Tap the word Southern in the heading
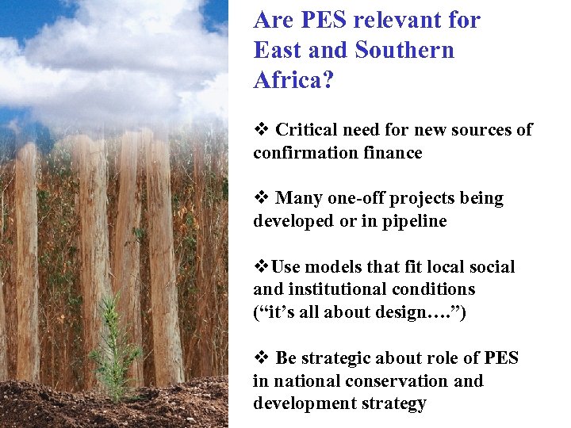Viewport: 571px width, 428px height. [405, 50]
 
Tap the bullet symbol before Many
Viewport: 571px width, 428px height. [260, 198]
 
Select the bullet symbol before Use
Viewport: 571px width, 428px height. [260, 267]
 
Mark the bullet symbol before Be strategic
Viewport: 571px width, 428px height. [260, 358]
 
